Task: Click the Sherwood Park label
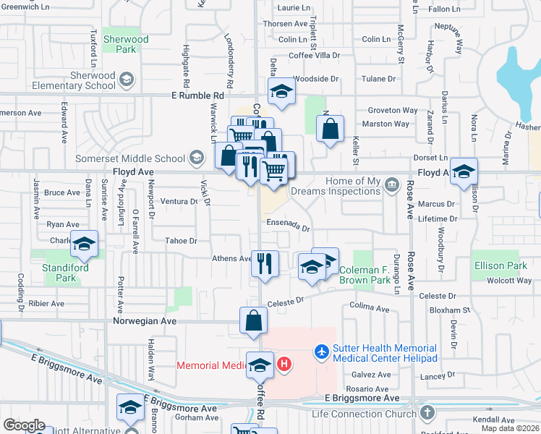coord(126,44)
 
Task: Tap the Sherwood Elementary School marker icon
coord(127,79)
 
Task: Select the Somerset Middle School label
coord(131,158)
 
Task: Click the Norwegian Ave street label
coord(145,320)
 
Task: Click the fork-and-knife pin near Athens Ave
coord(265,262)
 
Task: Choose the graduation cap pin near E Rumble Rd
coord(281,90)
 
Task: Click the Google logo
coord(24,425)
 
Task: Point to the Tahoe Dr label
coord(181,241)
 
